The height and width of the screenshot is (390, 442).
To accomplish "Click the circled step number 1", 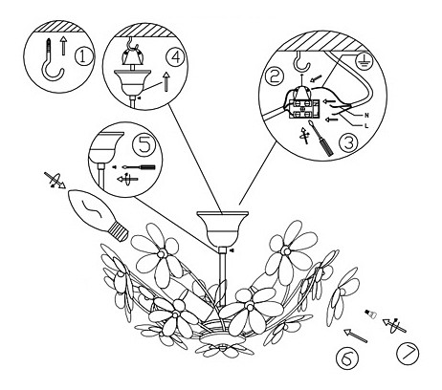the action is coord(82,56).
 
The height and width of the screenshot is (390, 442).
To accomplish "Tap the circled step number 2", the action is coord(274,76).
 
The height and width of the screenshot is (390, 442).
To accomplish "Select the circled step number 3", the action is coord(348,143).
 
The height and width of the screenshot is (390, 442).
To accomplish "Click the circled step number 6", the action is coord(347,360).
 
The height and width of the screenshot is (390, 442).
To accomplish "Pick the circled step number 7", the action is coord(409,354).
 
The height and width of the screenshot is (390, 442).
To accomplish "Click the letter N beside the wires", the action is coord(366,116).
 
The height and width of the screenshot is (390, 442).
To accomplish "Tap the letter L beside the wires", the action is coord(366,126).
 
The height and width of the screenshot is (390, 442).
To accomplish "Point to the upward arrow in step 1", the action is coord(64,46).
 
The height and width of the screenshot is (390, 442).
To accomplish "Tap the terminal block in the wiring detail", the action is coord(304,109).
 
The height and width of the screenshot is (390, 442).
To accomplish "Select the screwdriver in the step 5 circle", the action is coord(139,167).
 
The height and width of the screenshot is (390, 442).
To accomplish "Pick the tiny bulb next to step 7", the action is coord(370,314).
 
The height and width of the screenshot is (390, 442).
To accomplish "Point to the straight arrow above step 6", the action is coord(355,336).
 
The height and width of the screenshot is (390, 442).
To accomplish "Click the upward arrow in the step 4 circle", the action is coord(166,82).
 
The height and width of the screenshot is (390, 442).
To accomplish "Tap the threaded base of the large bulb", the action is coord(118,231).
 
